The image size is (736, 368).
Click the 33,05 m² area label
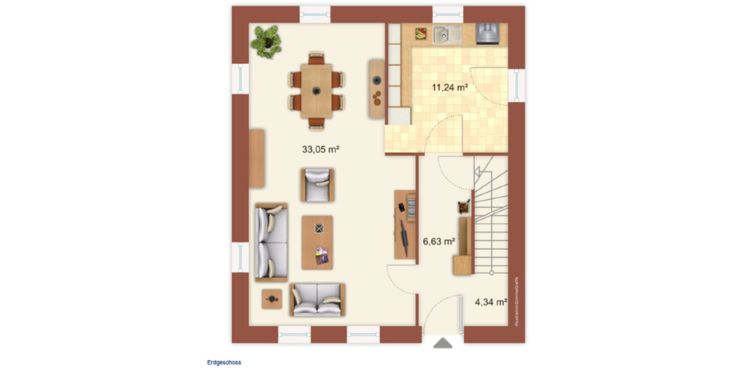[320, 148]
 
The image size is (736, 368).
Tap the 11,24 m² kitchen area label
[450, 87]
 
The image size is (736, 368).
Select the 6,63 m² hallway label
[439, 242]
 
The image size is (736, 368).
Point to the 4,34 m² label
[491, 302]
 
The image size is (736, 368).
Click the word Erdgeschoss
[224, 362]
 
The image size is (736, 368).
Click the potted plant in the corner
[266, 40]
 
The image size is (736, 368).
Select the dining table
[316, 91]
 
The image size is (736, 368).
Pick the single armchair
[317, 185]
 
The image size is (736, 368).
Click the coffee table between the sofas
[317, 242]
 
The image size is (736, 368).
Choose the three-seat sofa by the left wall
[271, 243]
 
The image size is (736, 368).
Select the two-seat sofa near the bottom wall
[317, 299]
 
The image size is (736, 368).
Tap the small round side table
[271, 299]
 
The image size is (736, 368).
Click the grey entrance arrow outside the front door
[442, 343]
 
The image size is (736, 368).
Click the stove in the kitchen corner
[488, 33]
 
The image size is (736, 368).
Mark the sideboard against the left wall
[257, 158]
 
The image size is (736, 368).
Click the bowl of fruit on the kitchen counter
[422, 33]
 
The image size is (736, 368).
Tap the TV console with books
[404, 223]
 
